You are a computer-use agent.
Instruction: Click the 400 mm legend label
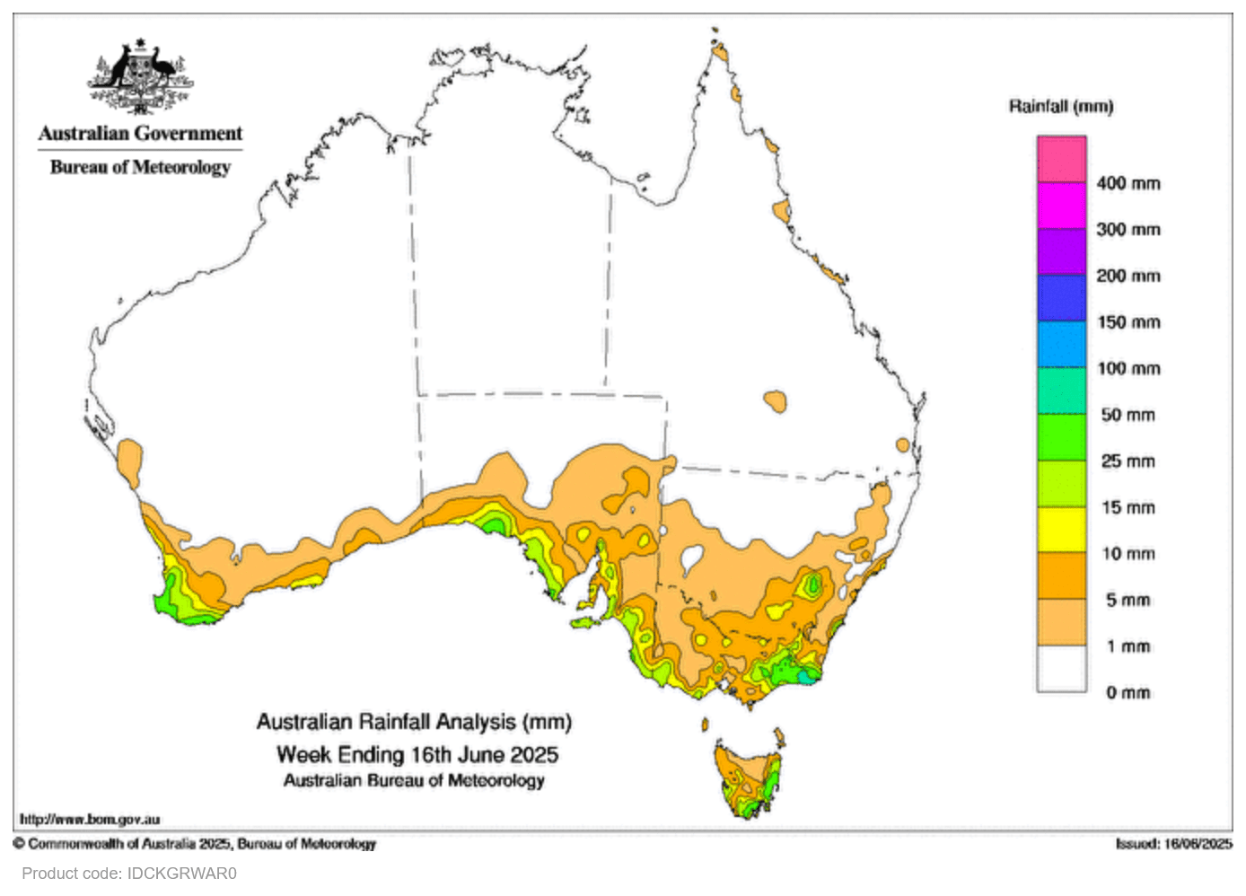1128,183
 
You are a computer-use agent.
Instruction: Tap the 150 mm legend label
1128,322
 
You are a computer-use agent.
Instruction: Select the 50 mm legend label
1128,415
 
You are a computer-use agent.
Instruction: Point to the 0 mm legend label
1128,692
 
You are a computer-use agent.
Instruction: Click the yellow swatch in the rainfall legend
1062,530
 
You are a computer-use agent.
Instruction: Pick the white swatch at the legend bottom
1062,669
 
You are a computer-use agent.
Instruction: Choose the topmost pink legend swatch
1062,159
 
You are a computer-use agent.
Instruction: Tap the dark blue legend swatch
1062,298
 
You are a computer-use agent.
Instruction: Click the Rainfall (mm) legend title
1060,107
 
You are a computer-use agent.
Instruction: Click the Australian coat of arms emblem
140,75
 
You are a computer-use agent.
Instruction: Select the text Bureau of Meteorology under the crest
140,167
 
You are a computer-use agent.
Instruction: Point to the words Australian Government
140,134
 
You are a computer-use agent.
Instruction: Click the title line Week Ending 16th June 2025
417,754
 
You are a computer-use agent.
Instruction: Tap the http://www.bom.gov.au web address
90,819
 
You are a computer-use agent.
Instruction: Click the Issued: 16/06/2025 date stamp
1173,844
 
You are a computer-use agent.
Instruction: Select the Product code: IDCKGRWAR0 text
129,873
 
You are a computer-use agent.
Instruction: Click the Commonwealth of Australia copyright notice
195,844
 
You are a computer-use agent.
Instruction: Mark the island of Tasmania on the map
748,777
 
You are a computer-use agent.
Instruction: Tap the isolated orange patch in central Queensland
775,400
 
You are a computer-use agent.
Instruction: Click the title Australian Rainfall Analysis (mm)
414,722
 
